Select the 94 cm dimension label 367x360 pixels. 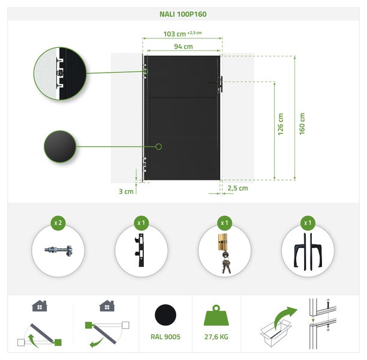coord(183,46)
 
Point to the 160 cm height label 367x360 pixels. coord(302,124)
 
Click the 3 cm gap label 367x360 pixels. coord(125,191)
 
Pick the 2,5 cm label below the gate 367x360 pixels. coord(237,188)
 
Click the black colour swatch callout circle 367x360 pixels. coord(60,146)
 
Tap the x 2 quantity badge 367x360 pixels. coord(58,223)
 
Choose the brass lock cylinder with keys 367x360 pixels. coord(224,251)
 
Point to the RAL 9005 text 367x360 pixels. coord(166,337)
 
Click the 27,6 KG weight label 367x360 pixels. coord(216,337)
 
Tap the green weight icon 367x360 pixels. coord(216,315)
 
